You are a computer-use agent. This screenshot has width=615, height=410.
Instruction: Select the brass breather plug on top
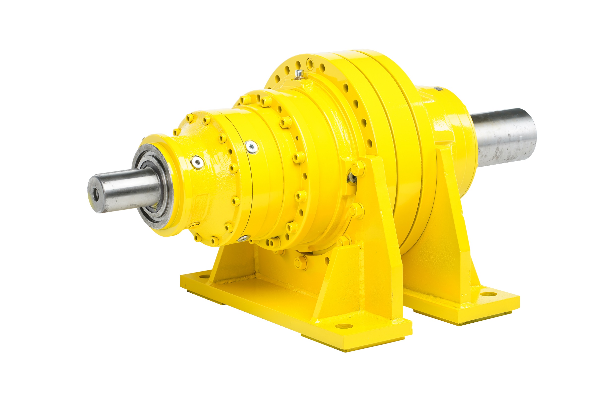pyautogui.click(x=299, y=74)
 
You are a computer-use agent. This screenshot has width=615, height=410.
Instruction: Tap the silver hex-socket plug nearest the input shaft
pyautogui.click(x=197, y=162)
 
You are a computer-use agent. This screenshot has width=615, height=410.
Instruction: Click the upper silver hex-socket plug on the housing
pyautogui.click(x=252, y=147)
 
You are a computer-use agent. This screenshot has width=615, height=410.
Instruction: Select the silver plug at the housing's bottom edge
pyautogui.click(x=244, y=238)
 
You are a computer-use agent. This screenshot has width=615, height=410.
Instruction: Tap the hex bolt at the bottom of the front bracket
pyautogui.click(x=301, y=263)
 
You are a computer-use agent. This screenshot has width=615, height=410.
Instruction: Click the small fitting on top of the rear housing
pyautogui.click(x=438, y=89)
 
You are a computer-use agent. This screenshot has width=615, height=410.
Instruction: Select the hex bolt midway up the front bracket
pyautogui.click(x=357, y=210)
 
